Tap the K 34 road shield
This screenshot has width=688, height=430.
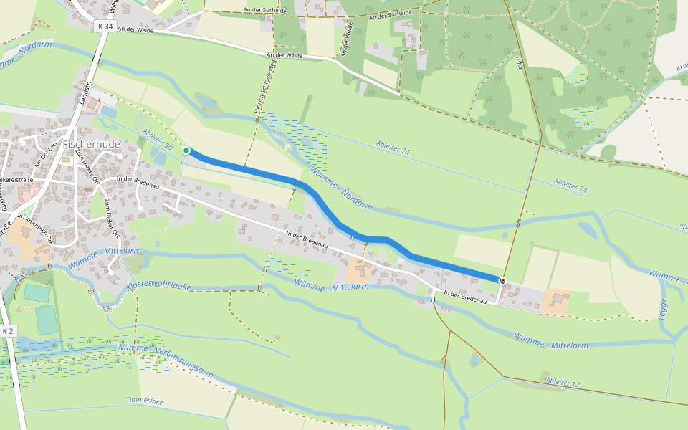[x=104, y=26]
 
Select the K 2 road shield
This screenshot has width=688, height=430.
[x=8, y=331]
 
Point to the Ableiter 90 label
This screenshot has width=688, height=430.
[x=158, y=138]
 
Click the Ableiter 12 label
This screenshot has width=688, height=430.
[x=562, y=383]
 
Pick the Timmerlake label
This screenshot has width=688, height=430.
[x=145, y=401]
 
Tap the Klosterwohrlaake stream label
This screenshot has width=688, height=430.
[x=159, y=285]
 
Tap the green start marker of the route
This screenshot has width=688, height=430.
[x=186, y=150]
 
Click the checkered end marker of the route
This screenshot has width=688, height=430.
[x=502, y=281]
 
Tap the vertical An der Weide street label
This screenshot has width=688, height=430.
[x=348, y=39]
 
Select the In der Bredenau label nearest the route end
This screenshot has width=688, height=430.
[x=465, y=297]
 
